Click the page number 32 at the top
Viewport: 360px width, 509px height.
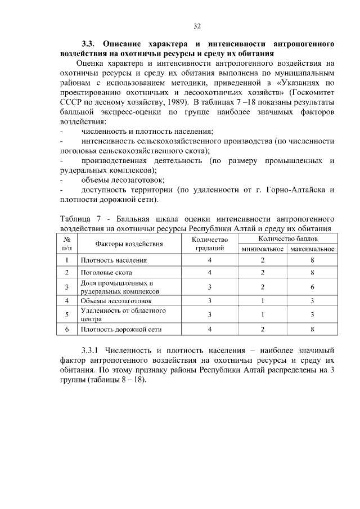pyautogui.click(x=197, y=26)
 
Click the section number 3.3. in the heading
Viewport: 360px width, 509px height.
pyautogui.click(x=88, y=43)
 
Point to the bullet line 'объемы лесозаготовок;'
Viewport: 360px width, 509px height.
pyautogui.click(x=123, y=180)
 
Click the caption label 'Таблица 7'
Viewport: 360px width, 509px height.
pyautogui.click(x=79, y=218)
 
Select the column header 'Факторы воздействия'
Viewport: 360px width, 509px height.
pyautogui.click(x=129, y=244)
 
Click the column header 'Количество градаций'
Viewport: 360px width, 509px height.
pyautogui.click(x=209, y=244)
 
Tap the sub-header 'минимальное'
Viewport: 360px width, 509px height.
pyautogui.click(x=262, y=249)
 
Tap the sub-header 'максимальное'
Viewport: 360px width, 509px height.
pyautogui.click(x=312, y=249)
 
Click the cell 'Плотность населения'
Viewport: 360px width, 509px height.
pyautogui.click(x=114, y=260)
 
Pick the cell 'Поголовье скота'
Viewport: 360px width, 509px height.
pyautogui.click(x=107, y=273)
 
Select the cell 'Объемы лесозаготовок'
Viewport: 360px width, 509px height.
pyautogui.click(x=116, y=301)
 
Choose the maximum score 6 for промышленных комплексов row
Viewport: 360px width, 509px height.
pyautogui.click(x=312, y=287)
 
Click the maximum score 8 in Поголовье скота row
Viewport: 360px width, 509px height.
pyautogui.click(x=312, y=273)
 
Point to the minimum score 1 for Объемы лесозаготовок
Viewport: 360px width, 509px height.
pyautogui.click(x=262, y=301)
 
